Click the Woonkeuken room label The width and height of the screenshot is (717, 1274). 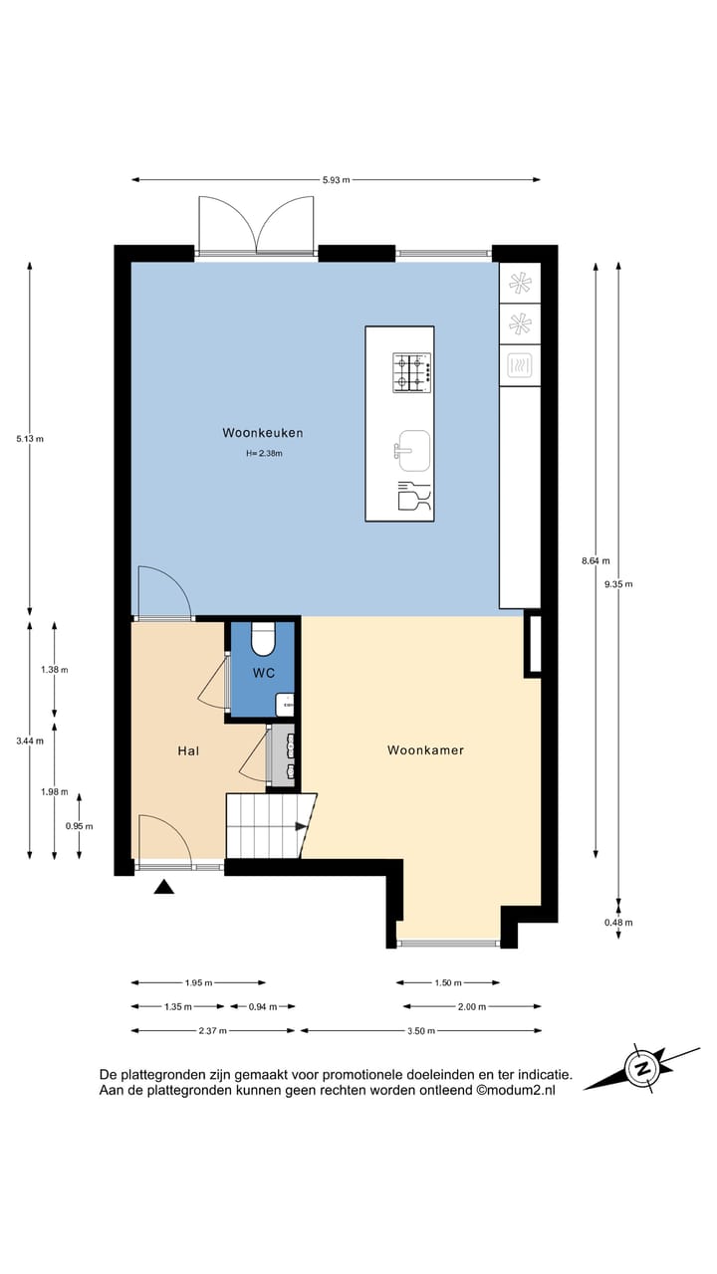(263, 433)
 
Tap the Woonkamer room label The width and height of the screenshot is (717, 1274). (425, 750)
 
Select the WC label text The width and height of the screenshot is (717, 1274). (263, 674)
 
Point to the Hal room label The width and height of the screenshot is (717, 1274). (188, 750)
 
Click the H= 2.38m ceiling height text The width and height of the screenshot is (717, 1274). (264, 454)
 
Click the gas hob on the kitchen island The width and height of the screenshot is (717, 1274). (412, 370)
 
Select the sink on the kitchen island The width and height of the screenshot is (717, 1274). (411, 449)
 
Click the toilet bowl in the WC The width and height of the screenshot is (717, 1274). (264, 639)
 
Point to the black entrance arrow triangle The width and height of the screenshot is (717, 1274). (164, 887)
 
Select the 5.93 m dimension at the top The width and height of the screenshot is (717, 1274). (336, 180)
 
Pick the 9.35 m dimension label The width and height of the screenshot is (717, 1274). (617, 585)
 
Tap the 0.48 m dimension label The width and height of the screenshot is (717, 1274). (617, 923)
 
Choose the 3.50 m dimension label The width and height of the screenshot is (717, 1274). (420, 1031)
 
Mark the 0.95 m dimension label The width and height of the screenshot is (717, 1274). (79, 826)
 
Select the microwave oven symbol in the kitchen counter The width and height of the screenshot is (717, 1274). (519, 365)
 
